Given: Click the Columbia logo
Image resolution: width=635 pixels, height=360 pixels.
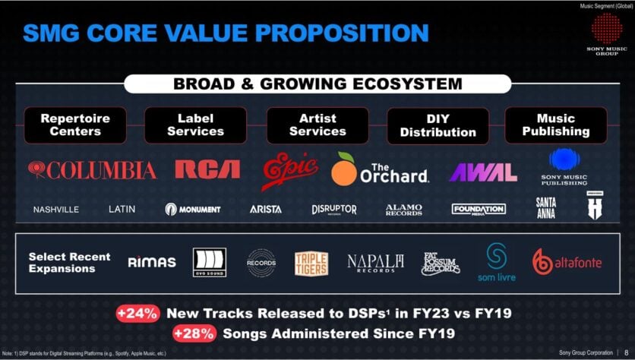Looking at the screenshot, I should coord(92,169).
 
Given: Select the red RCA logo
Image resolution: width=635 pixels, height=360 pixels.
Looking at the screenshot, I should coord(207,169).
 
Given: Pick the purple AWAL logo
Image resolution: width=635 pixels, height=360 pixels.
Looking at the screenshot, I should coord(483,172).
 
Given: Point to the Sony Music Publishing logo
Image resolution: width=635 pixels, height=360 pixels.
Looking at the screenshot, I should coord(564,166).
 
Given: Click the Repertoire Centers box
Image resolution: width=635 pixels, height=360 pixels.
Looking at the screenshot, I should coord(75,125).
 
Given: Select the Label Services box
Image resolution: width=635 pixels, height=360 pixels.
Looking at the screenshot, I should coord(195,125).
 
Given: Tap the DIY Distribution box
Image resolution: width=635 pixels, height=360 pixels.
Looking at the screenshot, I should coord(438,125).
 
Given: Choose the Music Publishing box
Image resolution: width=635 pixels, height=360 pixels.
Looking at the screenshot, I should coord(556,125).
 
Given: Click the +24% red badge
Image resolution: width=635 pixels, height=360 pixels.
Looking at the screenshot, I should coord(137,314).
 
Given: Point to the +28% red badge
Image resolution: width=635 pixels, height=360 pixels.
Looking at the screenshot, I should coord(194,333).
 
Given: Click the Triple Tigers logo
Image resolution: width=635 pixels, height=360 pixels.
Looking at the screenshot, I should coord(311,263).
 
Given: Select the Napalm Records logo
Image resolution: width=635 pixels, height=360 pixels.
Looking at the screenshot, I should coord(375,263).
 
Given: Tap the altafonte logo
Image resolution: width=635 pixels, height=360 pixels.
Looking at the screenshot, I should coord(567,262).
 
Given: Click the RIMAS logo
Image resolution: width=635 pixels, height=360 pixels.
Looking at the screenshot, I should coord(152,262).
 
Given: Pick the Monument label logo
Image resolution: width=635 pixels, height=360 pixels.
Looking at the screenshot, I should coord(193,209).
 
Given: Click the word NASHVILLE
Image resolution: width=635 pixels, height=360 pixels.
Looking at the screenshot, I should coord(55,210).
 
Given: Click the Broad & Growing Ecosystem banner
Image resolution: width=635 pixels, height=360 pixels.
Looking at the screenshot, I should coord(317,84).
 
